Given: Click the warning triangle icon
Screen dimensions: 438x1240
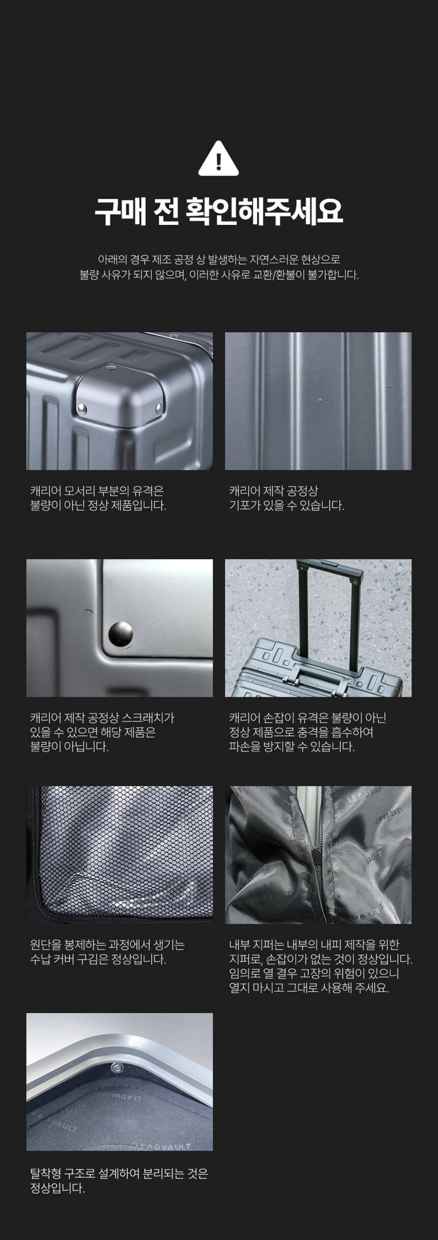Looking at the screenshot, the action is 218,159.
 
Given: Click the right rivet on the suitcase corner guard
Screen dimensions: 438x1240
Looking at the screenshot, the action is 159,407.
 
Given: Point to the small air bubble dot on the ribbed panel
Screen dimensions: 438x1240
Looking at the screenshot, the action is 320,400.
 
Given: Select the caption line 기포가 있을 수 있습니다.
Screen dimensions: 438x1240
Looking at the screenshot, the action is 287,506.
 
